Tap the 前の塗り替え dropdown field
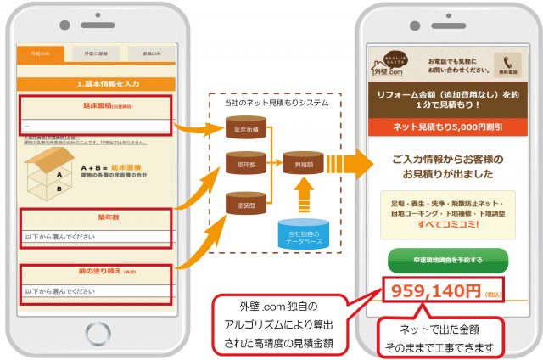[x=94, y=291]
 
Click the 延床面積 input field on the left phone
[x=94, y=125]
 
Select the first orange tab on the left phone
[x=40, y=53]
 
